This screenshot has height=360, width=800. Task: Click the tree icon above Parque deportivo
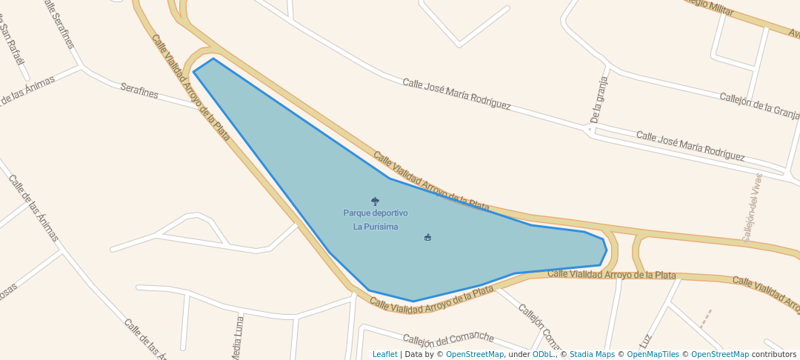(375, 201)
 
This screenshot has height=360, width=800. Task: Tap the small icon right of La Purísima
(427, 238)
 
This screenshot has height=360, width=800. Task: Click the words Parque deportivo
(375, 213)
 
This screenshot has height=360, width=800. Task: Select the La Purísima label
(375, 227)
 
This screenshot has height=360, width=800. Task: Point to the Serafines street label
(139, 91)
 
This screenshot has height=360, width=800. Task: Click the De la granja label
(599, 99)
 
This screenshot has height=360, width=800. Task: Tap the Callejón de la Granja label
(759, 105)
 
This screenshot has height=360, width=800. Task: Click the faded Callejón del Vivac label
(752, 207)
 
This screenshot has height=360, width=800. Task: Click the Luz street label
(647, 339)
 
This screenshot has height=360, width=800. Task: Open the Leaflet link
(384, 355)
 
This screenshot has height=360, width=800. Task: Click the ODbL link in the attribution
(543, 355)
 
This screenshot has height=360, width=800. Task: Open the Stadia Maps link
(592, 355)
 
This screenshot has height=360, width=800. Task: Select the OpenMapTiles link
(651, 355)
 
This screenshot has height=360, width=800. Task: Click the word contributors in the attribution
(774, 355)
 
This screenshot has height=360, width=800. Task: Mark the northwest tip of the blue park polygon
(194, 72)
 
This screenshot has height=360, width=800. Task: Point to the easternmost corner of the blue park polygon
(607, 250)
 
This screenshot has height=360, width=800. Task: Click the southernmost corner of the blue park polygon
(413, 301)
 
